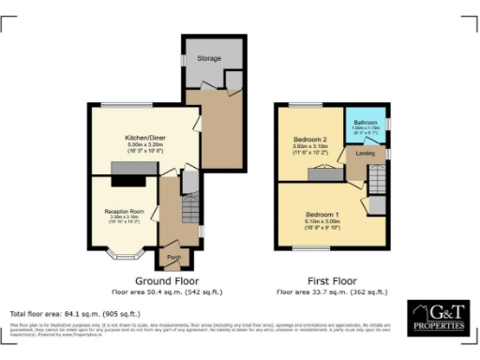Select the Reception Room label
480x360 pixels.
coord(123,212)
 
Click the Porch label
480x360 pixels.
coord(173,256)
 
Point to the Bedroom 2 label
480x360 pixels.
coord(308,138)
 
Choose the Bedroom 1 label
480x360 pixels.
coord(321,214)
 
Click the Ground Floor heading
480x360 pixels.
coord(165,281)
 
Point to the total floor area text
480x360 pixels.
coord(75,313)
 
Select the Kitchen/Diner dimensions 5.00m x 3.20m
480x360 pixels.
coord(142,147)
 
